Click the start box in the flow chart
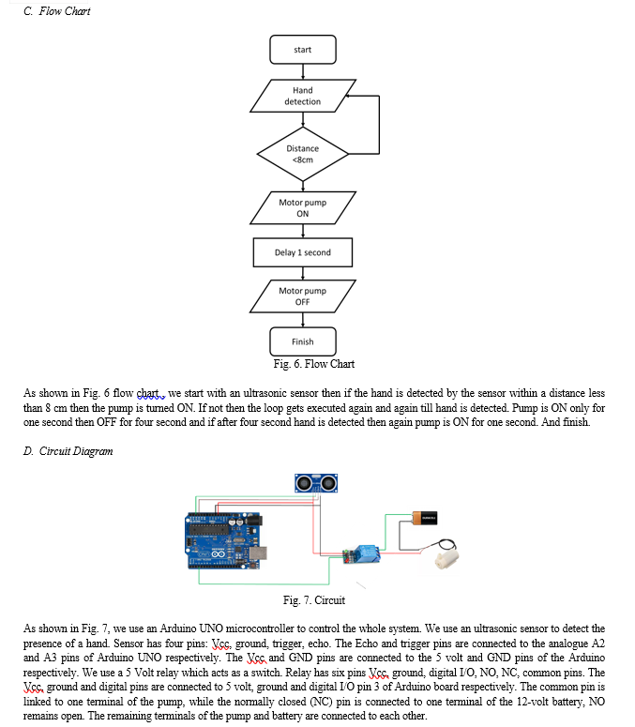coord(303,50)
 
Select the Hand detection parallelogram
coord(303,96)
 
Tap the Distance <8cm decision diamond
coord(303,154)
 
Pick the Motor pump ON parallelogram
coord(303,207)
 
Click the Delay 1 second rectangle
coord(303,252)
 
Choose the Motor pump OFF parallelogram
coord(303,296)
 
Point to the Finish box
coord(303,341)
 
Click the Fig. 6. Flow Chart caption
coord(314,364)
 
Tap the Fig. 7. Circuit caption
coord(314,600)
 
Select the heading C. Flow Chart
coord(56,11)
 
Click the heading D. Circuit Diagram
coord(68,451)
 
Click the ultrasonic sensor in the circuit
coord(316,483)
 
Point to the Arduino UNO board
coord(224,540)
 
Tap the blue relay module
coord(362,554)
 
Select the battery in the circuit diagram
coord(425,518)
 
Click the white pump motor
coord(446,558)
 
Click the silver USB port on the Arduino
coord(257,553)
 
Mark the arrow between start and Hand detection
coord(303,72)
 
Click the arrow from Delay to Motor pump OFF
coord(303,274)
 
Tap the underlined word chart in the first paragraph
coord(148,394)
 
